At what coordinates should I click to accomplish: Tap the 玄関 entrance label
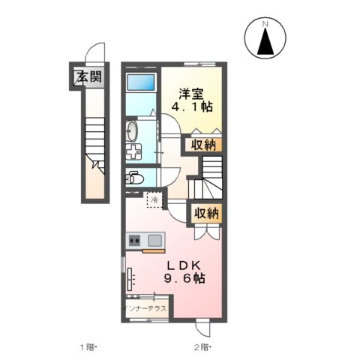point(87,76)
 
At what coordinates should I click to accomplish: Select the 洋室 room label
point(190,94)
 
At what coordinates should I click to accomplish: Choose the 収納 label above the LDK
point(207,213)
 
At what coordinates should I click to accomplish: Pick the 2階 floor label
point(202,347)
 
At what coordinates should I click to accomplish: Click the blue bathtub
point(140,83)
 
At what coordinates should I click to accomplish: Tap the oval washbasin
point(133,131)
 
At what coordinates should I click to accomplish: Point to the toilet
point(134,178)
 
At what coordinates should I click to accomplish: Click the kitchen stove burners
point(135,241)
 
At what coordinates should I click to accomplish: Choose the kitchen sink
point(154,241)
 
